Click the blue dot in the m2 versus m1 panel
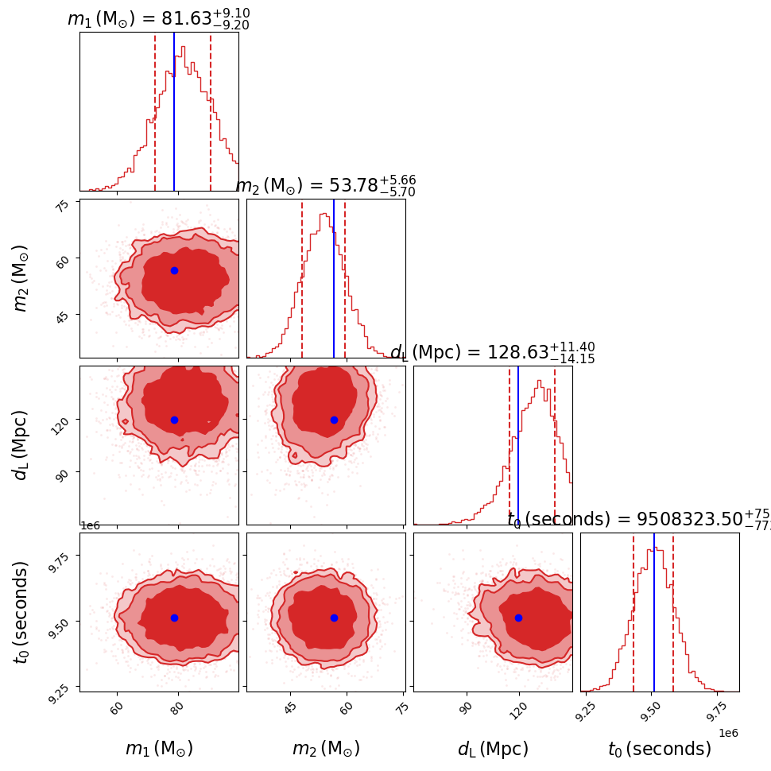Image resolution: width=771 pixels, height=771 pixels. click(x=174, y=270)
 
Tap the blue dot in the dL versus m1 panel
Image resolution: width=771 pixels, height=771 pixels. click(x=174, y=420)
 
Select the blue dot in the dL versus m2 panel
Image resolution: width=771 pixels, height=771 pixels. click(x=334, y=420)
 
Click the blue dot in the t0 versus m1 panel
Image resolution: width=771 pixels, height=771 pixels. click(x=174, y=618)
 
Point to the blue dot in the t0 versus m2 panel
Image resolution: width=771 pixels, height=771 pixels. click(x=334, y=618)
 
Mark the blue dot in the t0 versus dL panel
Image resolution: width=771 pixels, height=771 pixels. click(x=518, y=618)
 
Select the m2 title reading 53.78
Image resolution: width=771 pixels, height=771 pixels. click(x=325, y=186)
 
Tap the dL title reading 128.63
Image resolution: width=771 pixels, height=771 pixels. click(x=492, y=353)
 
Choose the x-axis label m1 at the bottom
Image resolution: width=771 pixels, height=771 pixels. click(x=159, y=749)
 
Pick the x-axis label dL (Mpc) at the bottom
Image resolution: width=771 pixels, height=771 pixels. click(x=493, y=749)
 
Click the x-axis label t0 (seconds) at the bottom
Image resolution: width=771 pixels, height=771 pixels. click(x=660, y=749)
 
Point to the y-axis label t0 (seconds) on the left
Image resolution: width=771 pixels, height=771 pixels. click(x=21, y=612)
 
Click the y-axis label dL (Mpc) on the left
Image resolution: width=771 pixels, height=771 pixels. click(x=21, y=445)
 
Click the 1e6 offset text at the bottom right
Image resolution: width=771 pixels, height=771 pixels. click(x=727, y=733)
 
